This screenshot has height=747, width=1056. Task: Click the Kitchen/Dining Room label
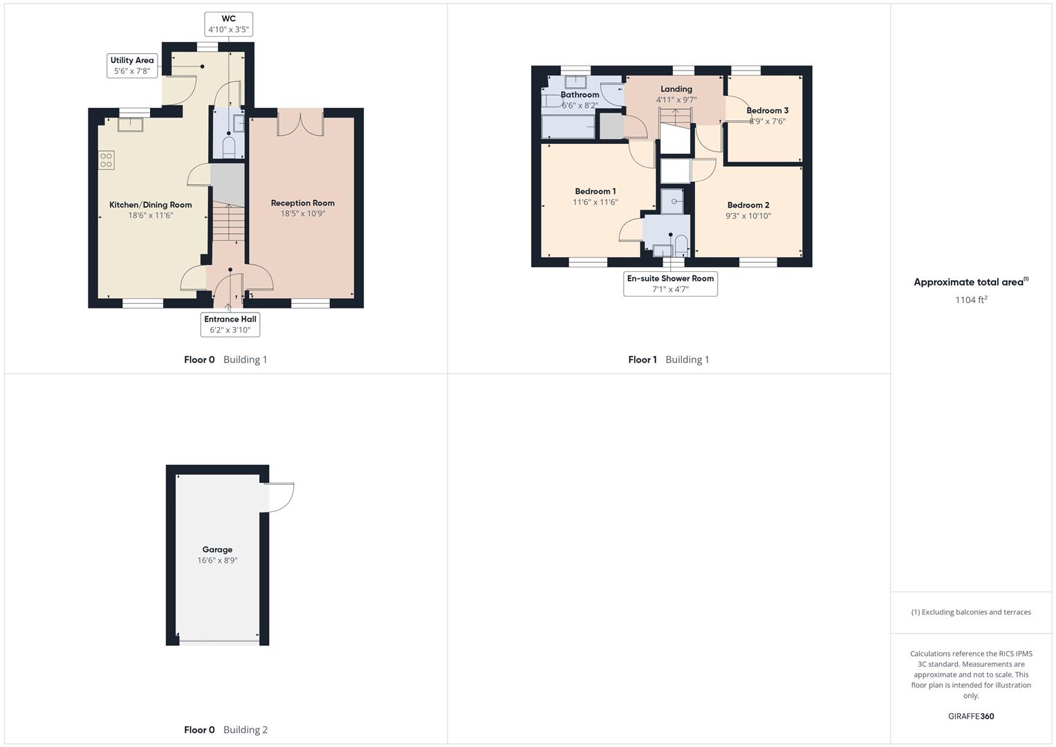[x=150, y=205]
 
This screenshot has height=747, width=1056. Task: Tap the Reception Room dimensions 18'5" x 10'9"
[x=302, y=214]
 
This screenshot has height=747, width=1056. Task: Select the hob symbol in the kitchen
[x=106, y=160]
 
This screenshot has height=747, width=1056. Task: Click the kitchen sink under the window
[x=130, y=124]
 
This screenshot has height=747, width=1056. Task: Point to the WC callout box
[x=228, y=24]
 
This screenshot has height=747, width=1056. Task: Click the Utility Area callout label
[x=132, y=66]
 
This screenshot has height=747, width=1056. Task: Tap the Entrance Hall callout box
[x=230, y=324]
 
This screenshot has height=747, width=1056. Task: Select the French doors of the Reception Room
[x=300, y=123]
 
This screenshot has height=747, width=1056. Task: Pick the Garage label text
[x=217, y=550]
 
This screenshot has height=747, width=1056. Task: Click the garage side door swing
[x=280, y=497]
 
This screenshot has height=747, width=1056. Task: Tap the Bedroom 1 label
[x=595, y=192]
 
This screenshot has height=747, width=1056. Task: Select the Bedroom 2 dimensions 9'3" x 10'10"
[x=748, y=216]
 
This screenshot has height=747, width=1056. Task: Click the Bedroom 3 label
[x=767, y=111]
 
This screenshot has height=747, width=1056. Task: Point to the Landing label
[x=676, y=89]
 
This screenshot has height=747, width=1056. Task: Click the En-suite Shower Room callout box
[x=670, y=284]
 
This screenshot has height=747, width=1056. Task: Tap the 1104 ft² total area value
[x=971, y=299]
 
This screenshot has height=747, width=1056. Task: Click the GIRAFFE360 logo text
[x=971, y=716]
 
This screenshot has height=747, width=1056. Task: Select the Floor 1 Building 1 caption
[x=669, y=360]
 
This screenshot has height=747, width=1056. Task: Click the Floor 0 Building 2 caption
[x=225, y=730]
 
